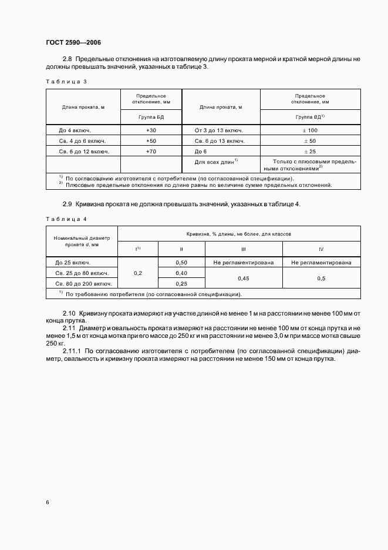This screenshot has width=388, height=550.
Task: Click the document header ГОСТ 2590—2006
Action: (x=73, y=42)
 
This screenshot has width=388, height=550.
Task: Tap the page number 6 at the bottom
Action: (x=48, y=502)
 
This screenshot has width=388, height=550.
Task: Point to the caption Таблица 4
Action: (x=66, y=219)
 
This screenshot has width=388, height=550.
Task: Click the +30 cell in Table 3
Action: (x=151, y=130)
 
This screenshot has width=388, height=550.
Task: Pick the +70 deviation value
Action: (x=151, y=152)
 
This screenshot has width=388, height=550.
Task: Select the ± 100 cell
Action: (x=310, y=130)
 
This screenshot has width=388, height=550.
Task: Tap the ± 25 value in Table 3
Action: (x=310, y=152)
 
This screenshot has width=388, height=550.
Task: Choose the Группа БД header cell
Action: (x=151, y=117)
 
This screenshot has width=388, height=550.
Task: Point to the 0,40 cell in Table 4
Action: (x=181, y=273)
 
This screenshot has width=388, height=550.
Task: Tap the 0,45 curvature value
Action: (x=243, y=279)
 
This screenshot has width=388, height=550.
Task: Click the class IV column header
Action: (x=320, y=249)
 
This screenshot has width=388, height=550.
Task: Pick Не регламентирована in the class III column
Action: (x=243, y=263)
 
